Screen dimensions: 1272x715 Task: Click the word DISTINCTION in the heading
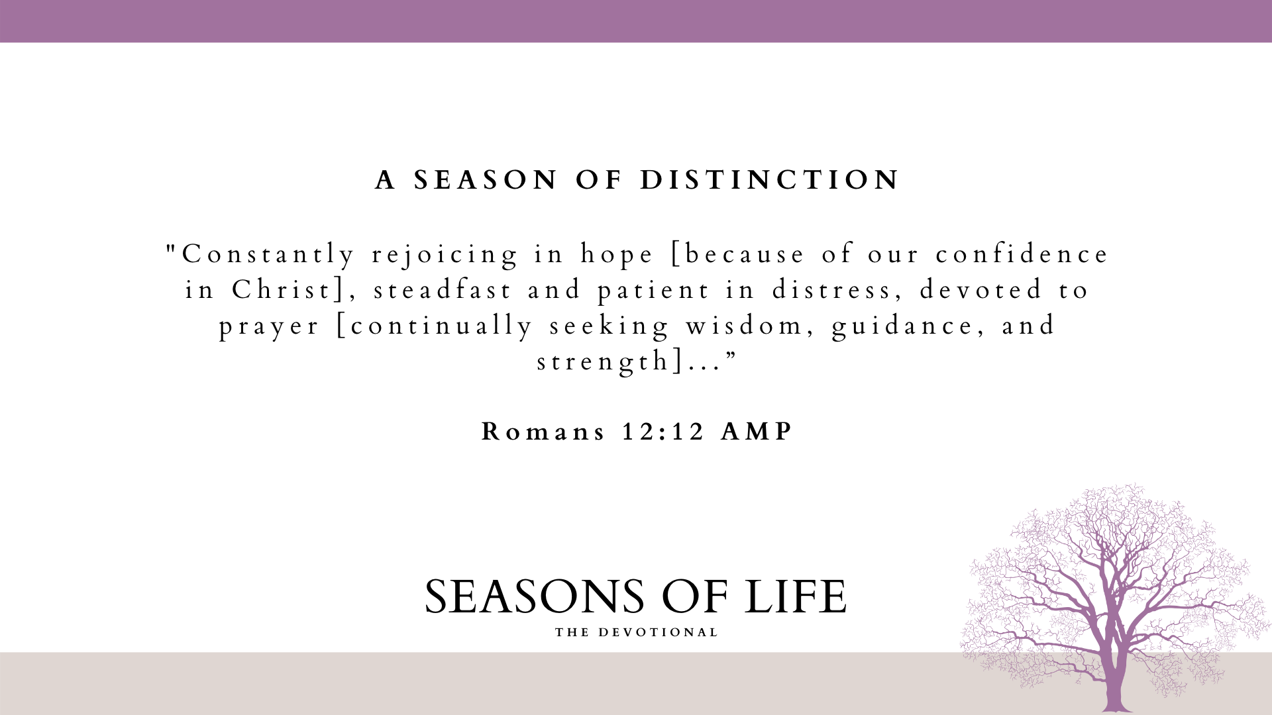pyautogui.click(x=769, y=180)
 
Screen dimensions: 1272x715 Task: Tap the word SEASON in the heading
pyautogui.click(x=486, y=180)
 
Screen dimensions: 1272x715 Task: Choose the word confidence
pyautogui.click(x=1022, y=254)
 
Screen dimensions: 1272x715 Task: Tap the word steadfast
pyautogui.click(x=443, y=290)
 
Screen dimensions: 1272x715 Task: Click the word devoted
pyautogui.click(x=981, y=290)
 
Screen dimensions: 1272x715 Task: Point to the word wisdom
pyautogui.click(x=744, y=326)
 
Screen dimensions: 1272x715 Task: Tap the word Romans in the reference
pyautogui.click(x=543, y=432)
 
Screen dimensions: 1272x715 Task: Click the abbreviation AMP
pyautogui.click(x=757, y=432)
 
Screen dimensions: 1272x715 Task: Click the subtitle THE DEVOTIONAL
pyautogui.click(x=637, y=632)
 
